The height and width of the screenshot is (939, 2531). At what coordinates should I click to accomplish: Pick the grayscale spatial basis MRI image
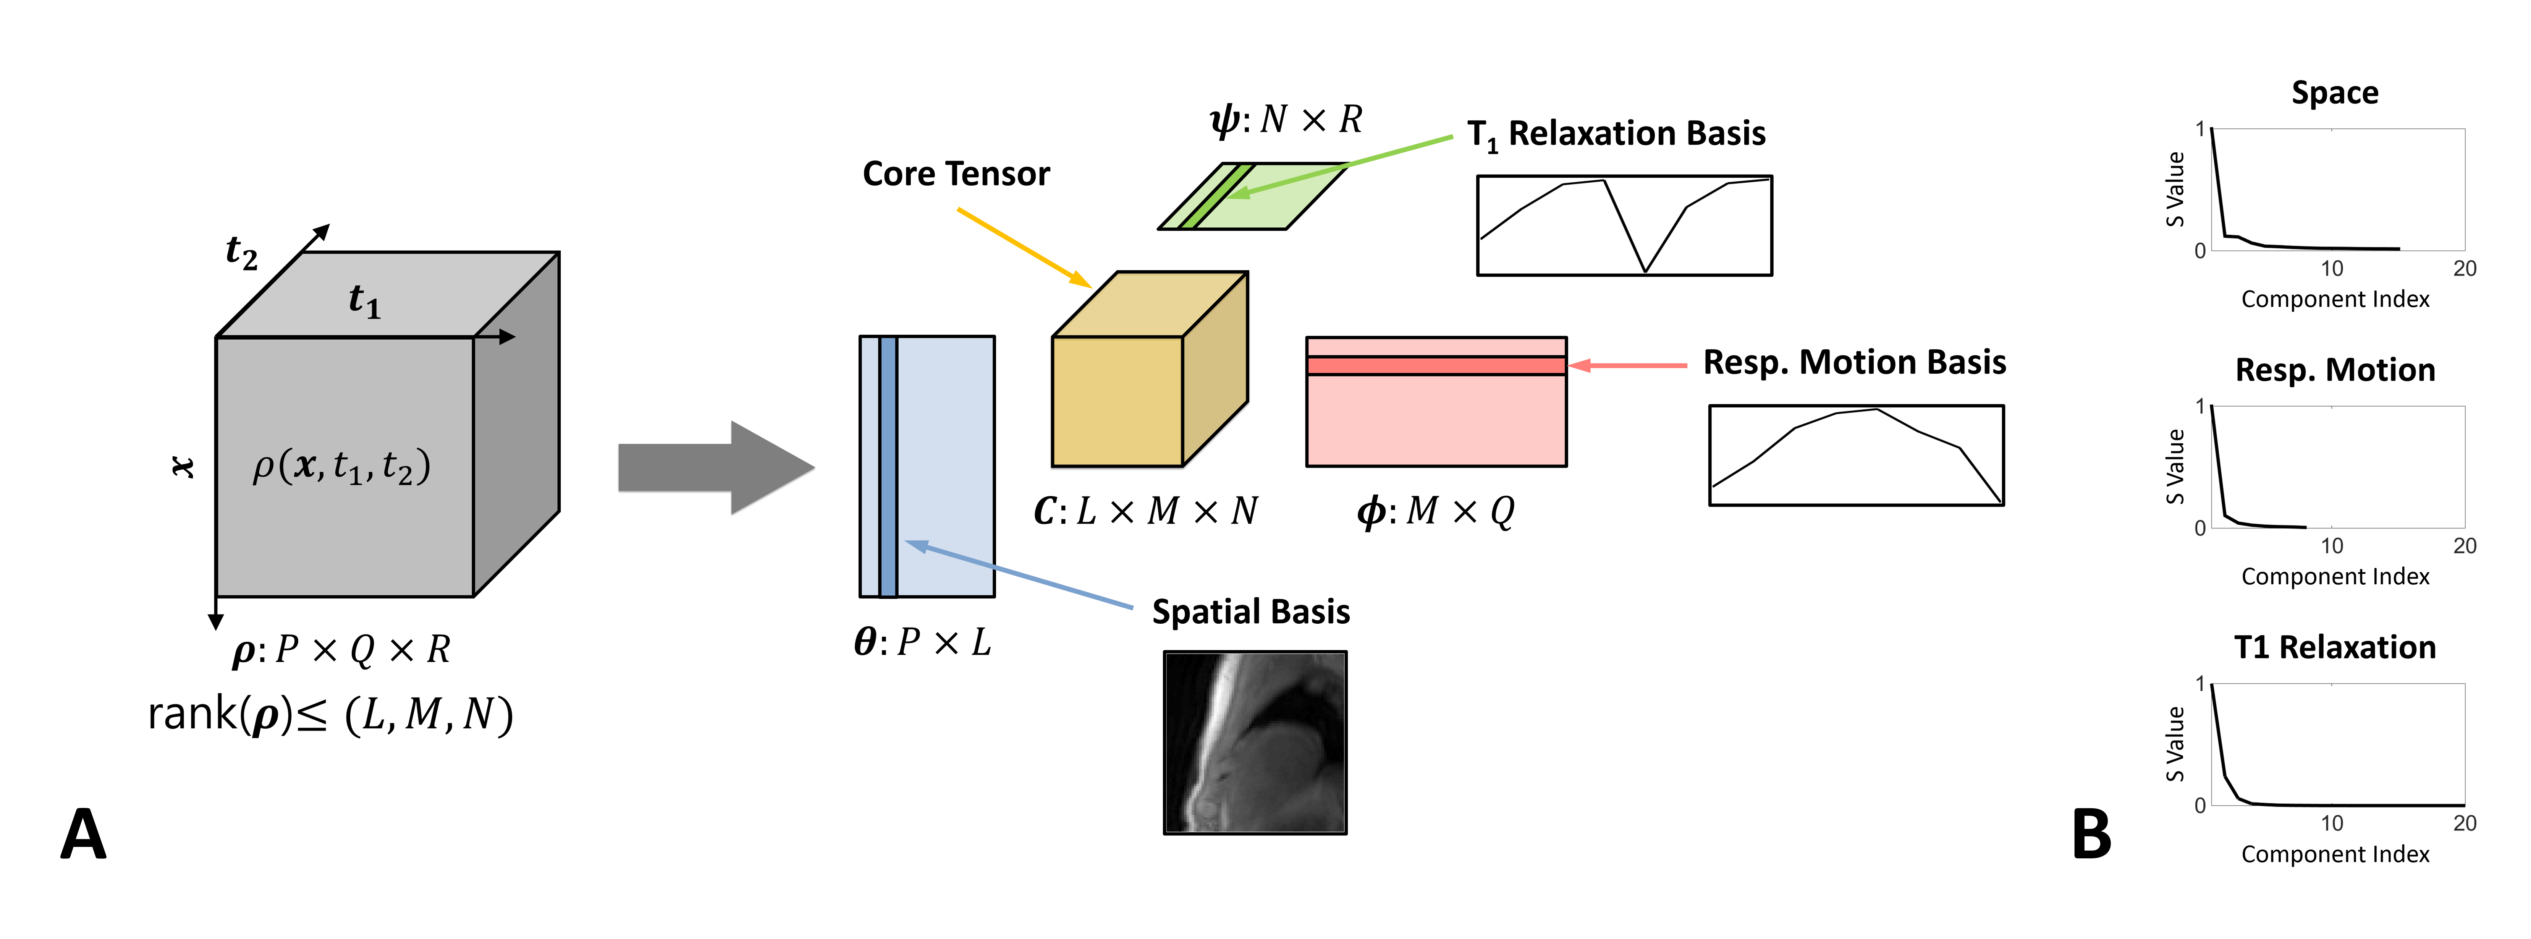1255,742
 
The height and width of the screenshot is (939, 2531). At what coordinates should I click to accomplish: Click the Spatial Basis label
1251,611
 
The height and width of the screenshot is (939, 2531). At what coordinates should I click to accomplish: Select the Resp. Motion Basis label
1854,363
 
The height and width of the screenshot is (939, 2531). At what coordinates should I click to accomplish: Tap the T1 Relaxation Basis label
1616,134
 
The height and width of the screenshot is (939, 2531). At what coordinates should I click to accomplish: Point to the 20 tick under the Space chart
2464,268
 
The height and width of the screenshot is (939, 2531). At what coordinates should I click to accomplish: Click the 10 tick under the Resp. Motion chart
2332,546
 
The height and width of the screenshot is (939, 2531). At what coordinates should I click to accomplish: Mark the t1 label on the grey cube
364,300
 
